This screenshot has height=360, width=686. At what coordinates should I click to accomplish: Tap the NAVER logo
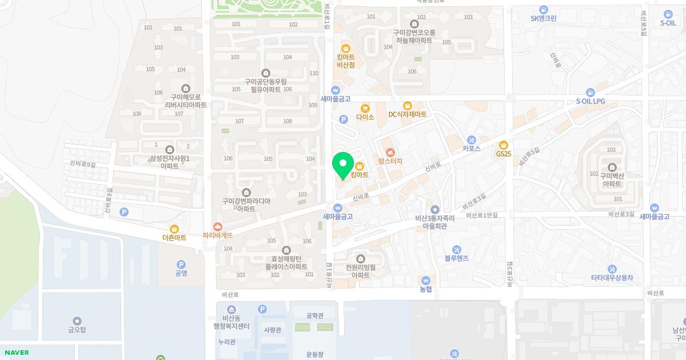tap(17, 353)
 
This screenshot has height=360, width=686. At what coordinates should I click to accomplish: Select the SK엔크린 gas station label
tap(543, 18)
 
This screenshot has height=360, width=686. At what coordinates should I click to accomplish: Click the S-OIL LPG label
tap(590, 101)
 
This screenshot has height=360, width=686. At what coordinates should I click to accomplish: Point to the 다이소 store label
tap(365, 117)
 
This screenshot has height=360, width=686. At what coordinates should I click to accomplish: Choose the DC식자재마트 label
tap(407, 114)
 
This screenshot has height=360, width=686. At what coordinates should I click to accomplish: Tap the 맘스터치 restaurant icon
tap(390, 152)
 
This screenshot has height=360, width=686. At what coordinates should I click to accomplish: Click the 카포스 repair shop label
tap(471, 148)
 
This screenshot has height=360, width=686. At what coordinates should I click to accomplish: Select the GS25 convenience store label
tap(503, 154)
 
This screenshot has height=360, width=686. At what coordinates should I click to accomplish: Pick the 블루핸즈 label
tap(456, 258)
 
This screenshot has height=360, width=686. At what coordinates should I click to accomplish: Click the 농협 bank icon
tap(426, 281)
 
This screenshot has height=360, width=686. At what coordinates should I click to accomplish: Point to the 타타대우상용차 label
tap(612, 278)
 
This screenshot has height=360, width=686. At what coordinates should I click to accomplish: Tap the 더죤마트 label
tap(174, 238)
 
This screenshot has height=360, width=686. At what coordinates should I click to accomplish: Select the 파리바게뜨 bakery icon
tap(217, 227)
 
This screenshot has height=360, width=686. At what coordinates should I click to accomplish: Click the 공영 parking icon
tap(181, 265)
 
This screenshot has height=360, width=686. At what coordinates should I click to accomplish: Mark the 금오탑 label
tap(77, 330)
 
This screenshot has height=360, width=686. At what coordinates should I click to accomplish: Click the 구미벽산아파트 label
tap(611, 181)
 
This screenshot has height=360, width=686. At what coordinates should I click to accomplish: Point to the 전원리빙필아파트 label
tap(360, 271)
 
